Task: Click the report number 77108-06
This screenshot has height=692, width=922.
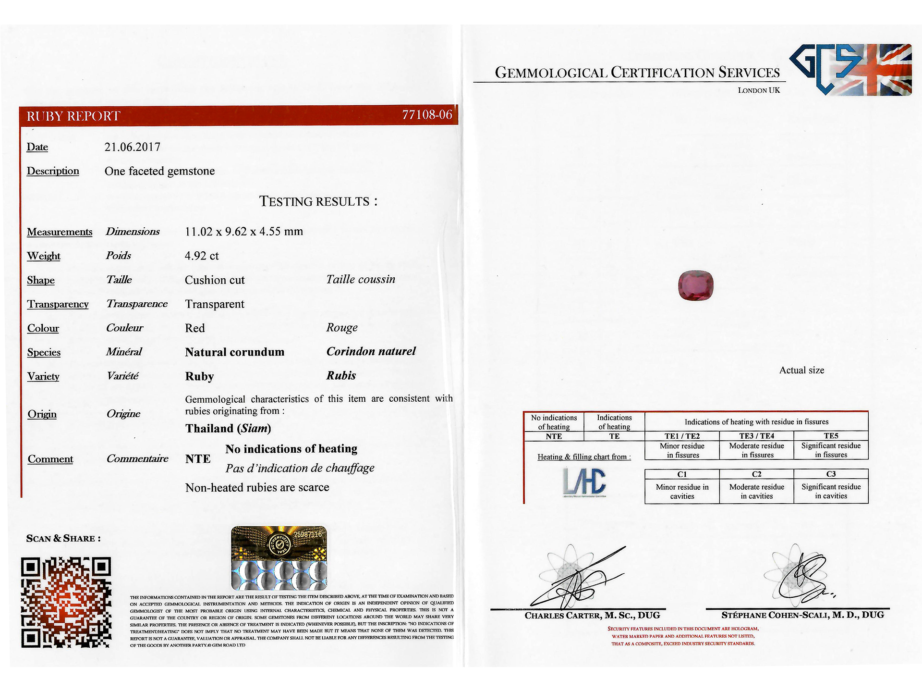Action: tap(426, 115)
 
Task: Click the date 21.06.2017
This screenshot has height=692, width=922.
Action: tap(133, 147)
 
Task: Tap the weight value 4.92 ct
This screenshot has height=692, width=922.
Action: tap(202, 256)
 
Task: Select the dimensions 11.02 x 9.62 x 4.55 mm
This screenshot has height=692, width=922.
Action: tap(244, 232)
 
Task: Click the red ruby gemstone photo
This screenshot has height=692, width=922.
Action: tap(695, 286)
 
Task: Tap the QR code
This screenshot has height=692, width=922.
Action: tap(66, 602)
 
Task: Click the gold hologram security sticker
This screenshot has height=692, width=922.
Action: tap(279, 558)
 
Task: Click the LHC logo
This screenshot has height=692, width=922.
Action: tap(584, 482)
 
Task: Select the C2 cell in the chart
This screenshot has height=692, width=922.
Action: tap(756, 474)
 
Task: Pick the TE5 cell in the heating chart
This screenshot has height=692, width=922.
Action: tap(831, 436)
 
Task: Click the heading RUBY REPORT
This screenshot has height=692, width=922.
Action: tap(73, 116)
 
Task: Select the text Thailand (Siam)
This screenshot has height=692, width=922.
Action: tap(228, 428)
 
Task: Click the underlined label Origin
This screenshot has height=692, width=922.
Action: tap(42, 414)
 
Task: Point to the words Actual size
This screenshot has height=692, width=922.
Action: tap(801, 371)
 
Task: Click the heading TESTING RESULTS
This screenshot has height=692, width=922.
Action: tap(318, 201)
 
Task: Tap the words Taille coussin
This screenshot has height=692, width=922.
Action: tap(361, 280)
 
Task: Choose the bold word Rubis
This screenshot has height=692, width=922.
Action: tap(341, 376)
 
